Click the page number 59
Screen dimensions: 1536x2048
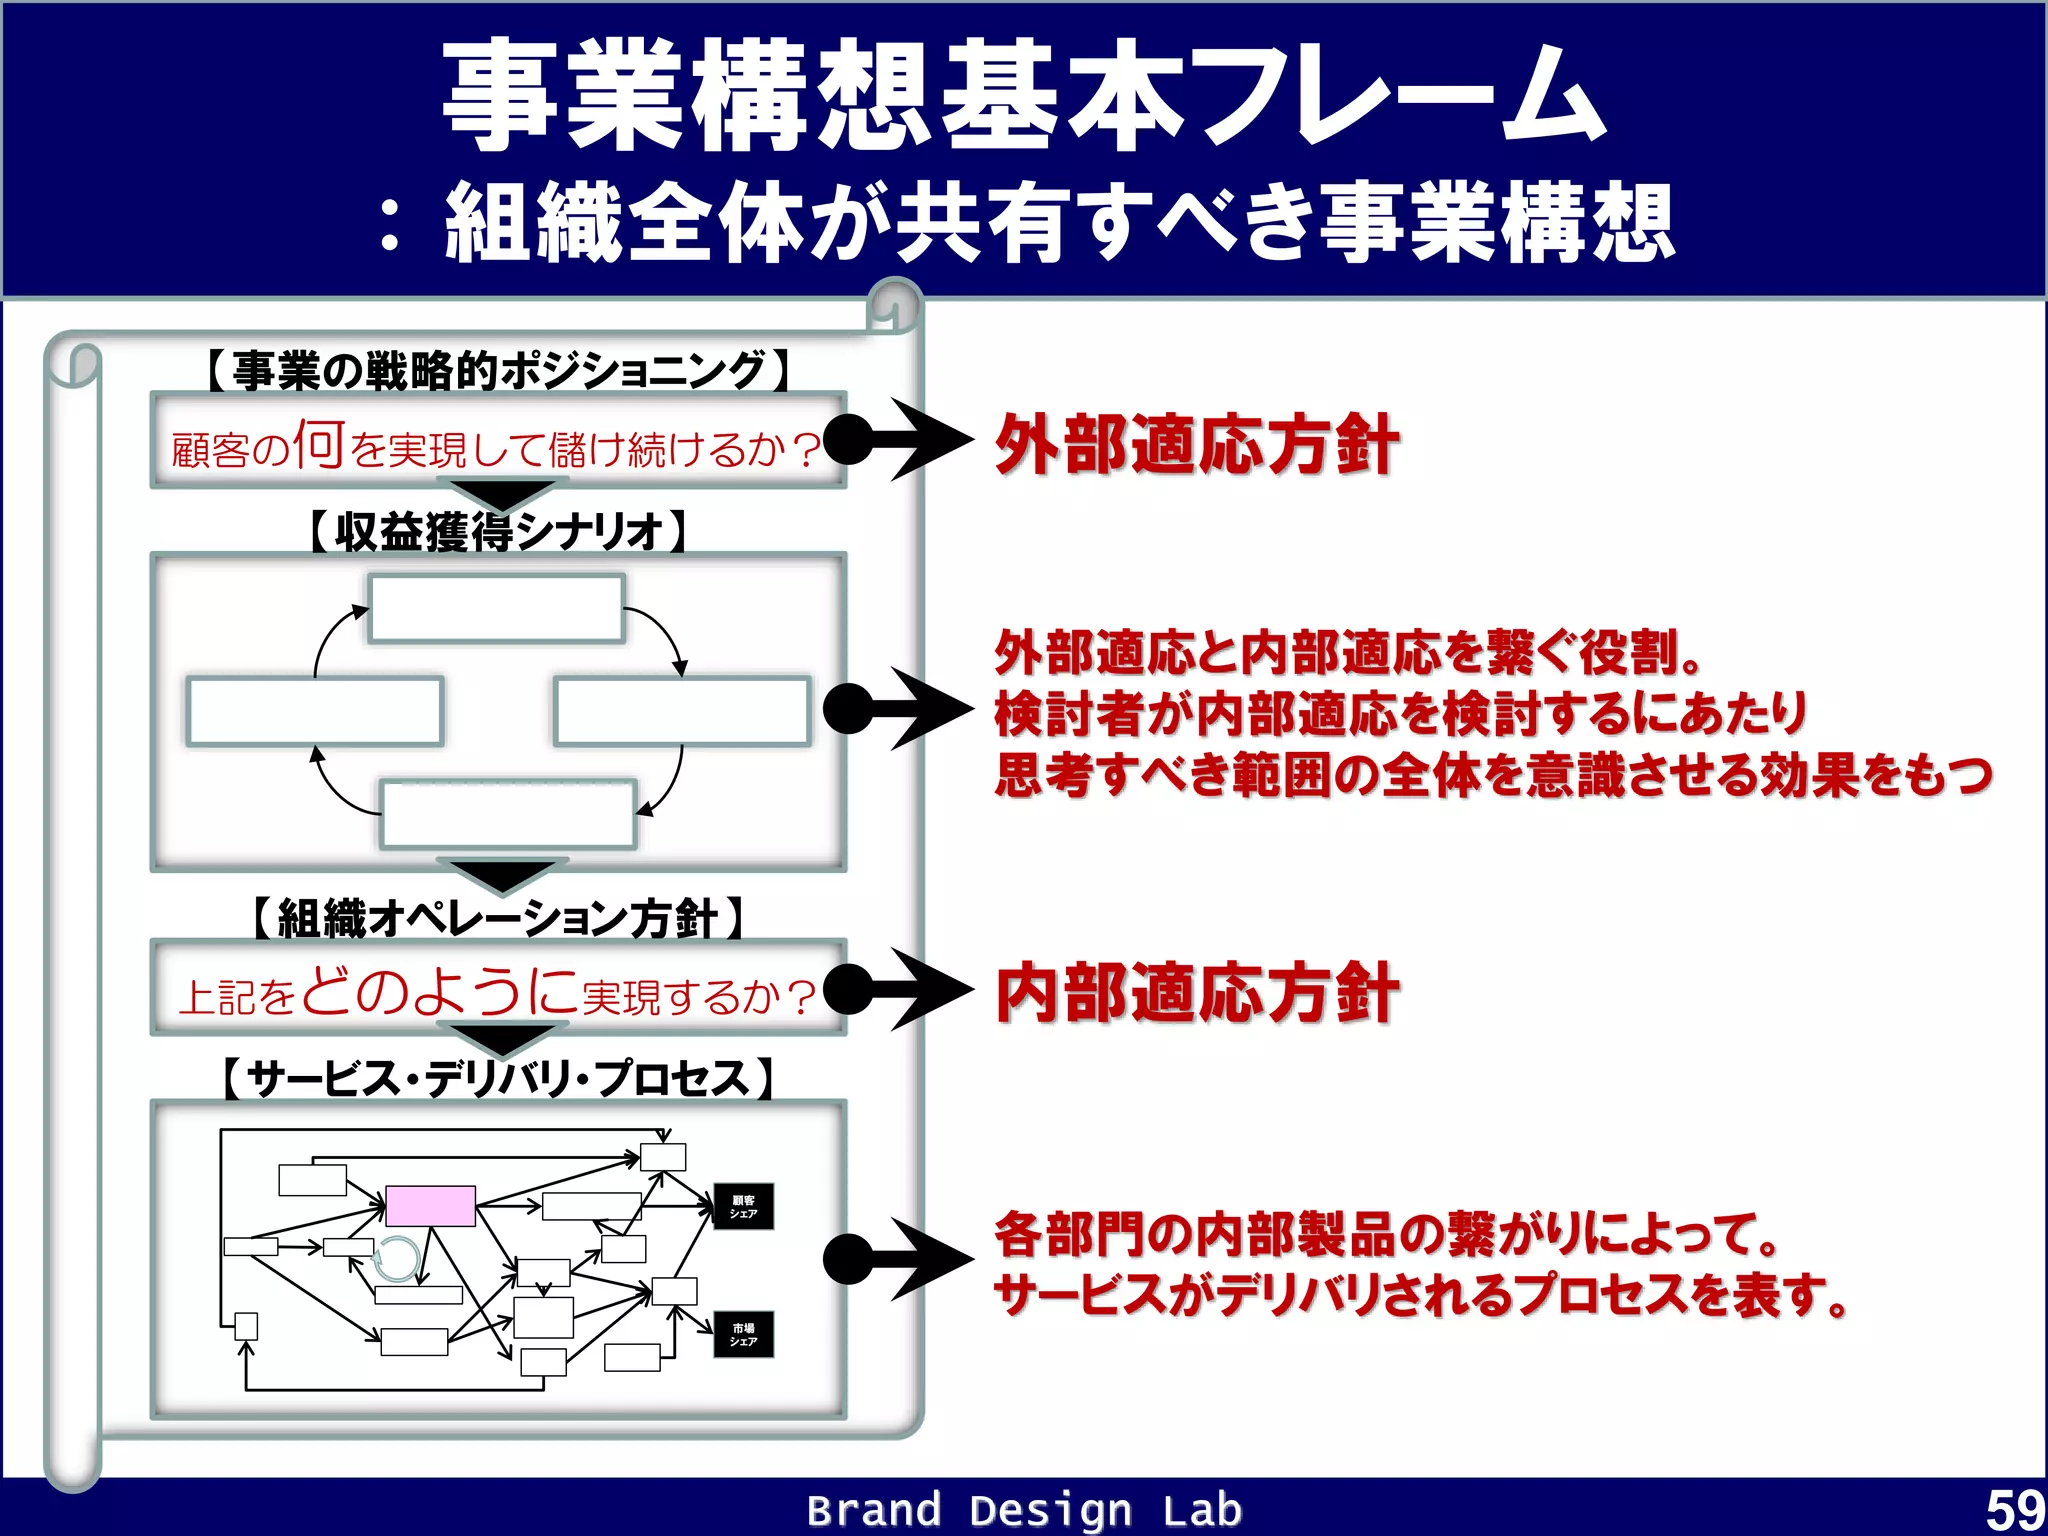point(2014,1510)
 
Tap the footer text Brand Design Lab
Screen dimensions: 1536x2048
point(1024,1510)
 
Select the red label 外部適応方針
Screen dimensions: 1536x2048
point(1196,445)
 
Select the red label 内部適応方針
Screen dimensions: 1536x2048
point(1196,993)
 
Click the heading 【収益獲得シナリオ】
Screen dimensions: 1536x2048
point(497,531)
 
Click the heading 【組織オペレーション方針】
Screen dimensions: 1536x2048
point(497,918)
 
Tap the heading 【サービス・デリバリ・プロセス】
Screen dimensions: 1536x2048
point(497,1079)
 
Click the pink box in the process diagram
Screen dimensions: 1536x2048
point(430,1206)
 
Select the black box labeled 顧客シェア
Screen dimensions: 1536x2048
point(743,1207)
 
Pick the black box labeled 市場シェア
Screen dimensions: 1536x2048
point(743,1335)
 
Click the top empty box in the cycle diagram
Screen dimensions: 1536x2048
point(497,608)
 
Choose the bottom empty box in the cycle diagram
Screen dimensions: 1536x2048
point(508,814)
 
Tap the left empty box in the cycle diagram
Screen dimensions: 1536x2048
point(314,711)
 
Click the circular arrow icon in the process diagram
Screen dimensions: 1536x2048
point(397,1259)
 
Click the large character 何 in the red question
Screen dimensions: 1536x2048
point(319,444)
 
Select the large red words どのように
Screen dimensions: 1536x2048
point(440,991)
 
